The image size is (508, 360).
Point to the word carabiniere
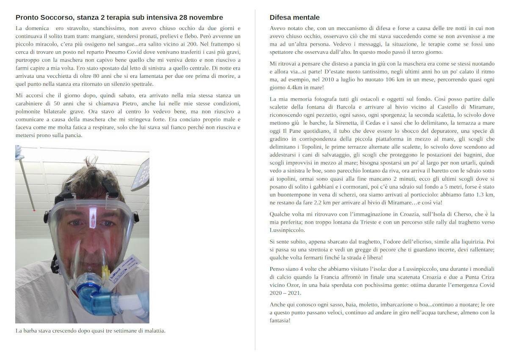click(31, 104)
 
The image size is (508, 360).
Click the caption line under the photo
click(90, 330)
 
